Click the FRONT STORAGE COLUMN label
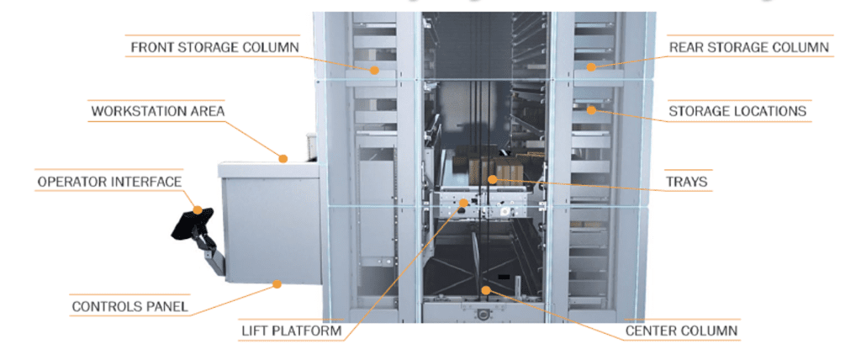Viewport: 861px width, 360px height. point(213,46)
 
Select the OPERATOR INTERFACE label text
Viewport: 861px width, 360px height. point(109,182)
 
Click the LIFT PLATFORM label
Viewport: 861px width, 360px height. point(291,331)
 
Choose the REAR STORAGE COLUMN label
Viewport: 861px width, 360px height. point(748,47)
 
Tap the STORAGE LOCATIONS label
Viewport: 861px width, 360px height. point(737,111)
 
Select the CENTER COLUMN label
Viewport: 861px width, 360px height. point(681,331)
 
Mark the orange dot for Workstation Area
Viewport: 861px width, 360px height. point(284,156)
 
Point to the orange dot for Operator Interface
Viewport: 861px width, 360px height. point(198,210)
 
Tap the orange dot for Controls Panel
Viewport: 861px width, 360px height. point(275,285)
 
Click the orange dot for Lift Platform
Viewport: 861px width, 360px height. point(461,204)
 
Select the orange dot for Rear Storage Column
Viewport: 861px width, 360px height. point(591,66)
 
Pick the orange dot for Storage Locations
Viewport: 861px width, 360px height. point(592,109)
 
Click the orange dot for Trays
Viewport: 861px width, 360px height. point(493,178)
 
